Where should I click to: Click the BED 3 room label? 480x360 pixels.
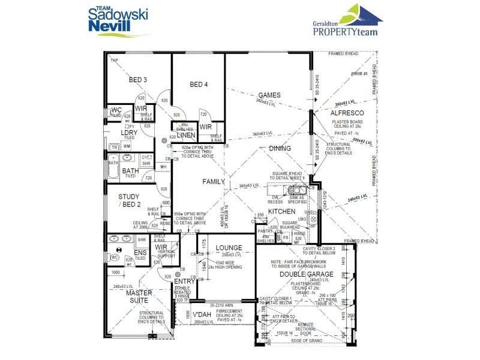(137, 80)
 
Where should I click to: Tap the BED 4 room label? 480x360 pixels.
(199, 85)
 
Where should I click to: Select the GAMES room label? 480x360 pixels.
(270, 95)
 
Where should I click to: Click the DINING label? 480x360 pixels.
(280, 148)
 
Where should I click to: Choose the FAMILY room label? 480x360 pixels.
(213, 181)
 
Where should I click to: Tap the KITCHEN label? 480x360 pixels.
(281, 212)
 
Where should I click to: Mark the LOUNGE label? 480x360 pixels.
(229, 248)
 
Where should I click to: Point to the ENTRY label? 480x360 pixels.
(183, 281)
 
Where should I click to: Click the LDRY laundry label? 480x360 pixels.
(129, 133)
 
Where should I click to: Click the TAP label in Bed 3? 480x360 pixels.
(114, 61)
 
